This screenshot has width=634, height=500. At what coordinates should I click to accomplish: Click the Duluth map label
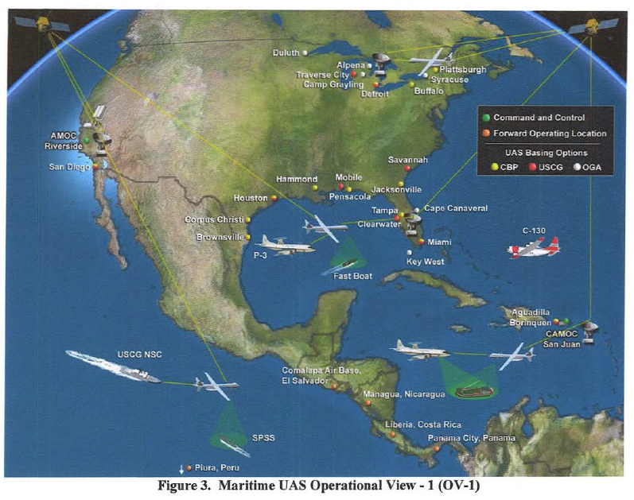(286, 53)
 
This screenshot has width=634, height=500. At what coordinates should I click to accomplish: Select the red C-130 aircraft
(532, 248)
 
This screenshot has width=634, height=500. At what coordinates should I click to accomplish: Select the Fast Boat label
(348, 276)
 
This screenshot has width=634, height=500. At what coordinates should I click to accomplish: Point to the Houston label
(249, 197)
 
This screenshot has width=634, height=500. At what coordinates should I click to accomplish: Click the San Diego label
(68, 167)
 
